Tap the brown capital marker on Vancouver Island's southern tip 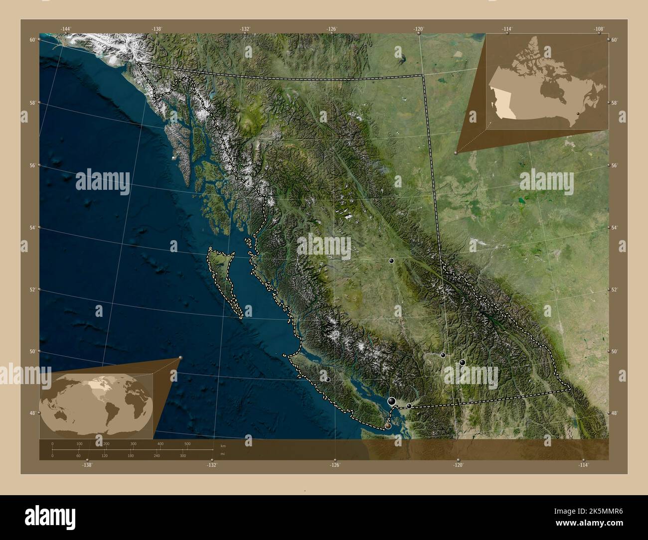click(x=388, y=426)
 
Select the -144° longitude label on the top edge click(x=66, y=29)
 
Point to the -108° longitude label click(x=599, y=29)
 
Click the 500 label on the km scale click(x=187, y=443)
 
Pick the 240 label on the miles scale click(x=157, y=456)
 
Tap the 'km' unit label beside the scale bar click(x=216, y=446)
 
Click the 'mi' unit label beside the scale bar click(x=216, y=454)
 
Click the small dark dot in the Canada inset click(x=577, y=114)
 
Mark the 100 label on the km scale click(x=79, y=443)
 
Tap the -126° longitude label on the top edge click(x=332, y=29)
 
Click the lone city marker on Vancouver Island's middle click(x=328, y=380)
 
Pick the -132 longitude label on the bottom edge click(x=212, y=465)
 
